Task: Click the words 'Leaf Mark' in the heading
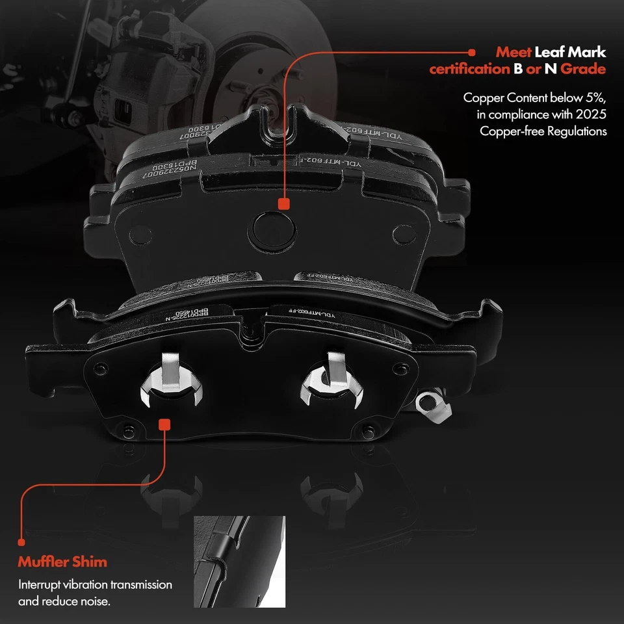pyautogui.click(x=570, y=52)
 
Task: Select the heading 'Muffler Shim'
pyautogui.click(x=62, y=562)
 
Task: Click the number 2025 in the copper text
pyautogui.click(x=592, y=114)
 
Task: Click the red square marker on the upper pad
pyautogui.click(x=283, y=204)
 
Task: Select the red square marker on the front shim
pyautogui.click(x=164, y=424)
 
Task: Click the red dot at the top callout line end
pyautogui.click(x=471, y=51)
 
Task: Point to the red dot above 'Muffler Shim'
pyautogui.click(x=22, y=540)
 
